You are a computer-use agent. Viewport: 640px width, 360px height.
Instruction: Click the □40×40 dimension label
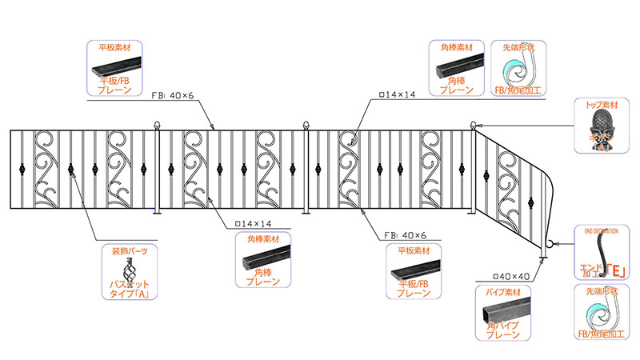pyautogui.click(x=514, y=277)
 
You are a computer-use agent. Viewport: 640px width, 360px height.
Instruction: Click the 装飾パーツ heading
pyautogui.click(x=130, y=251)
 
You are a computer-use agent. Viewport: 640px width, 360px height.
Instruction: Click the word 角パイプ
pyautogui.click(x=502, y=326)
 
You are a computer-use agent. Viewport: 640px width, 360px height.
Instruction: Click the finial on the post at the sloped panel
pyautogui.click(x=473, y=125)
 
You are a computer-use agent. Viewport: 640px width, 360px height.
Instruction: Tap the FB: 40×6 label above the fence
pyautogui.click(x=178, y=94)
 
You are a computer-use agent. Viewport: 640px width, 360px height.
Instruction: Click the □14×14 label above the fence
pyautogui.click(x=394, y=94)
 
